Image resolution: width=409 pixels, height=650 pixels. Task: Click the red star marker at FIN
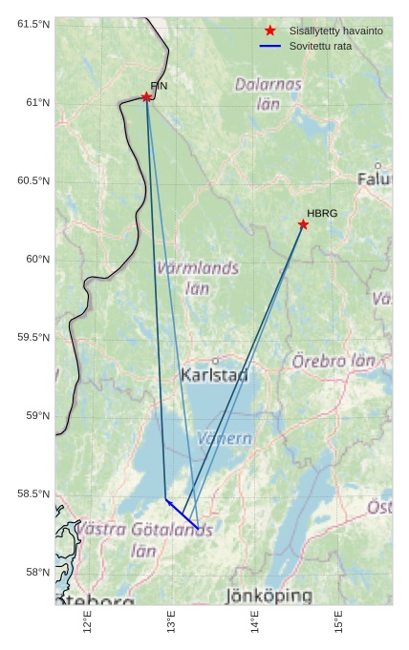coord(146,96)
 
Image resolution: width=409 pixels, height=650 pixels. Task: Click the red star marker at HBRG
coord(303,224)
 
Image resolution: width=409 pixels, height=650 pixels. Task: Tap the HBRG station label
coord(322,213)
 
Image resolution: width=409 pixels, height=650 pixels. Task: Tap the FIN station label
coord(159,86)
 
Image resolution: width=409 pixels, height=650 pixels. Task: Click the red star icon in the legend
coord(270,31)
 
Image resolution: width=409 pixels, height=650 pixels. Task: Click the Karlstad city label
coord(214,375)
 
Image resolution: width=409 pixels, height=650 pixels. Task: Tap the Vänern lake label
coord(225,439)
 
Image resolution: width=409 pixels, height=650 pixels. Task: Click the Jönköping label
coord(269,597)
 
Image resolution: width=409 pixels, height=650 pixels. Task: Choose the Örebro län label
coord(334,361)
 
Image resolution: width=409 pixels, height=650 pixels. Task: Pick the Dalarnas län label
coord(269,94)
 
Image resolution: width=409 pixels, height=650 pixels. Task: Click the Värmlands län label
coord(198,278)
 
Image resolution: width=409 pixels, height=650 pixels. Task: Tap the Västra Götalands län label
coord(143,539)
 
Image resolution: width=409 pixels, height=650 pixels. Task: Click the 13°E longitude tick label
coord(172,622)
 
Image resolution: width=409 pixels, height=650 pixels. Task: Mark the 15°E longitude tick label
coord(339,622)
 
